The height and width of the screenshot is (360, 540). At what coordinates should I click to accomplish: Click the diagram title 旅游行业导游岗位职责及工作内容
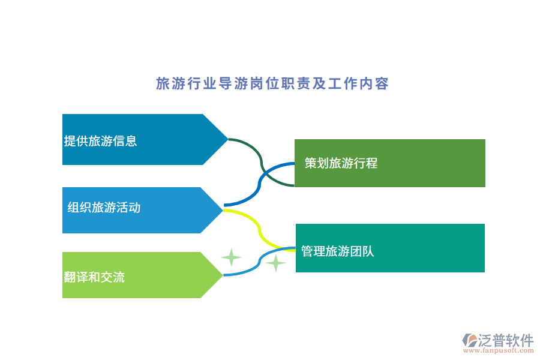click(x=272, y=83)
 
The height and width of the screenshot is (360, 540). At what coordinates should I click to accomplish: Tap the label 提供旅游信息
click(x=100, y=141)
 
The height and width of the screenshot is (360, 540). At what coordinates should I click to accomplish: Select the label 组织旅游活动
click(x=104, y=208)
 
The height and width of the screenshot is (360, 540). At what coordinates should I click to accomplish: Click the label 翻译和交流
click(x=94, y=277)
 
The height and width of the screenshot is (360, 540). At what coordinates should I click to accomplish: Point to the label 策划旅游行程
click(x=341, y=163)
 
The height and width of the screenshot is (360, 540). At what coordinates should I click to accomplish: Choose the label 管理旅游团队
click(x=338, y=251)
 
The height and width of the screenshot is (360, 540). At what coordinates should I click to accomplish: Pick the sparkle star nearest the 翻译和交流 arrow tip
click(x=231, y=257)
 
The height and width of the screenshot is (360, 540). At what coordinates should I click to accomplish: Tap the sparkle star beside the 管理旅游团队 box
click(x=275, y=263)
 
